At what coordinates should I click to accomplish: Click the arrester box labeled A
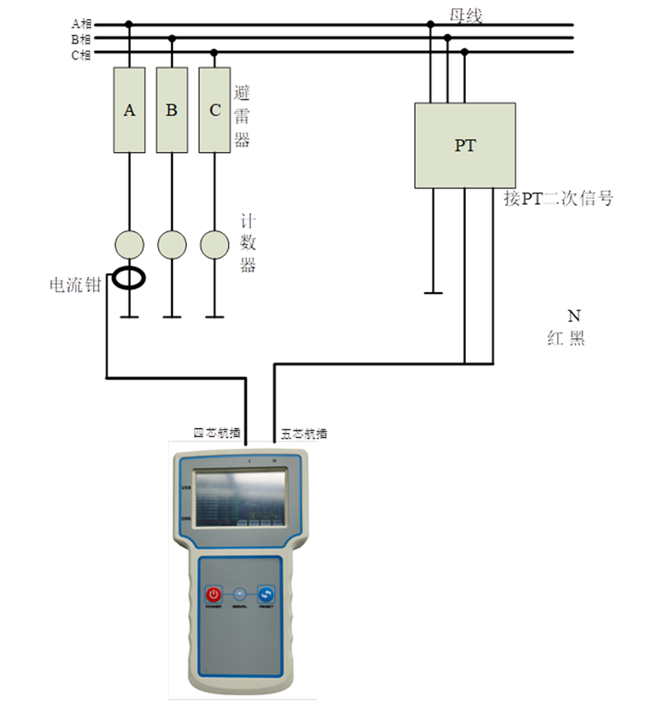coord(129,109)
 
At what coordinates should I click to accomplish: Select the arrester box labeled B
coord(171,109)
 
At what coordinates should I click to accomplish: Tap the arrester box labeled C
coord(215,109)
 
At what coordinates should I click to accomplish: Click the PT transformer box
coord(464,146)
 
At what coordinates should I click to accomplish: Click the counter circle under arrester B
coord(171,244)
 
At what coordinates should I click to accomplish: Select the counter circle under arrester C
coord(215,244)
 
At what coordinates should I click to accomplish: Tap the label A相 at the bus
coord(81,24)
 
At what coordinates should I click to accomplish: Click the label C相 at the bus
coord(81,54)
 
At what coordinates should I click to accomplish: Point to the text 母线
coord(465,14)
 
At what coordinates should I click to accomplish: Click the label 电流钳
coord(75,285)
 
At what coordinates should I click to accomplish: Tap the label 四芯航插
coord(216,433)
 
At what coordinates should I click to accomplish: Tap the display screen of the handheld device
coord(239,498)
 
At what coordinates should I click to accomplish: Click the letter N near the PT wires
coord(574,316)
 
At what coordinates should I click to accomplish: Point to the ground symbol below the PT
coord(432,291)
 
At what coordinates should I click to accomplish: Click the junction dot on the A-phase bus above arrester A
coord(129,25)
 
